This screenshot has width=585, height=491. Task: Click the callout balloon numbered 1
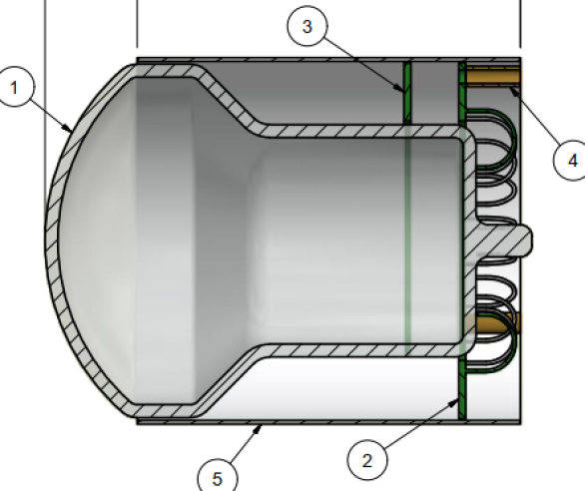(x=15, y=90)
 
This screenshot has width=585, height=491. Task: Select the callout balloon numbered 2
(x=366, y=460)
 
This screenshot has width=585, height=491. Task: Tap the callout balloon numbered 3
(x=307, y=27)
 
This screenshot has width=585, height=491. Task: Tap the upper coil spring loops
(x=493, y=160)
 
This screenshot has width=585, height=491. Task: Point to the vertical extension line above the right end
(x=520, y=25)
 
